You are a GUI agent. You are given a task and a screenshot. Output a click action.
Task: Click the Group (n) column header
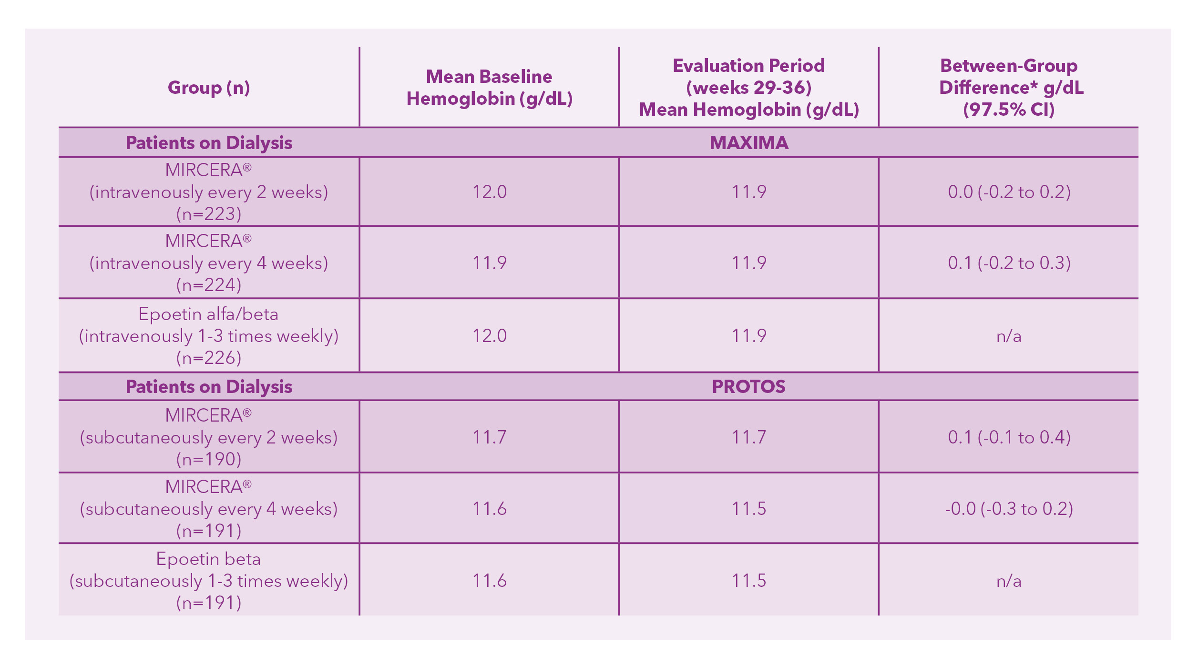(x=209, y=88)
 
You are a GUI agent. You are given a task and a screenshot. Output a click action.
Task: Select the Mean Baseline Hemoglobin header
(x=489, y=88)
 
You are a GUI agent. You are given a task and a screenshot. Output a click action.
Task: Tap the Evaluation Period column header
(x=748, y=88)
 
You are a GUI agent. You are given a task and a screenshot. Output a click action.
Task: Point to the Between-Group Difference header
(x=1009, y=88)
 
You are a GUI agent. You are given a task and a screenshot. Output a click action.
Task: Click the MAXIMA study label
(x=748, y=143)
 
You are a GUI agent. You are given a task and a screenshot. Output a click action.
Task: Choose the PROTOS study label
(x=748, y=386)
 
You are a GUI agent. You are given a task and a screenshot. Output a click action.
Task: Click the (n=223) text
(x=209, y=214)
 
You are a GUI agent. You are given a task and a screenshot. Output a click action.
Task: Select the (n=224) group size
(x=209, y=285)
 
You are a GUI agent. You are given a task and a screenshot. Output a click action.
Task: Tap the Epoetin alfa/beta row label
(x=209, y=314)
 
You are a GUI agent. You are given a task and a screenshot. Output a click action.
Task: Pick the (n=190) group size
(x=209, y=459)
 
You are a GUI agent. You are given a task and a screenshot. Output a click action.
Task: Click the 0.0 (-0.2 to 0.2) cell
(x=1009, y=192)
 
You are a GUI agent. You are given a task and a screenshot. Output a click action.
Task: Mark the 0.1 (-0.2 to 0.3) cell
(x=1009, y=263)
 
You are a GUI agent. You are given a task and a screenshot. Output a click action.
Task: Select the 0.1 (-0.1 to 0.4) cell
(x=1009, y=437)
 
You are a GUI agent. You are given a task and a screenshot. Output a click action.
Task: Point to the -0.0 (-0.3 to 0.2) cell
(x=1009, y=509)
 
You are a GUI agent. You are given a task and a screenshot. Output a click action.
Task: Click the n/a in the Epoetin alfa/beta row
(x=1009, y=336)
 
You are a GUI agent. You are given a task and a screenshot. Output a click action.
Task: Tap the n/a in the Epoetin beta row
(x=1009, y=581)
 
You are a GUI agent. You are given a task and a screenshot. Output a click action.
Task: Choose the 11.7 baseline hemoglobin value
(x=489, y=437)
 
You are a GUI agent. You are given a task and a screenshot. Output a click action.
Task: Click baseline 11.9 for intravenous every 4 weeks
(x=489, y=263)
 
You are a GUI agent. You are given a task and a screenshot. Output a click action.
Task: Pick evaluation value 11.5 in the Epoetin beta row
(x=748, y=581)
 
